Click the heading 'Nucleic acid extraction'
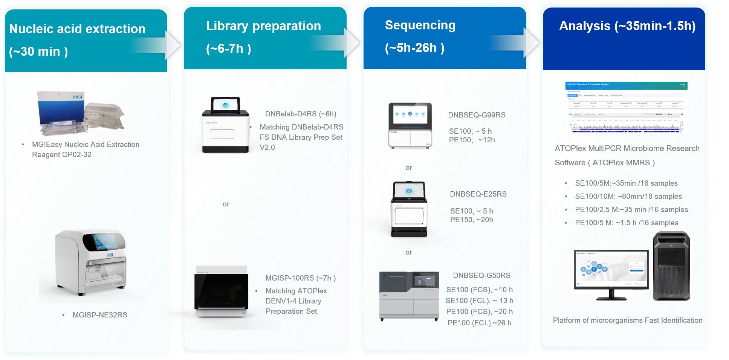point(77,29)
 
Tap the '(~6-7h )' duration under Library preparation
point(228,49)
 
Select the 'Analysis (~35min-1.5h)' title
point(627,26)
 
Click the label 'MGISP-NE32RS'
point(100,315)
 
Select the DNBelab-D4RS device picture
point(225,125)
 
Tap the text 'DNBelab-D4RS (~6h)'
point(301,114)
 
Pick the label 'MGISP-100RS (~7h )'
point(300,278)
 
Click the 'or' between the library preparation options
point(226,204)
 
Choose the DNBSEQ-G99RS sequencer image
point(410,126)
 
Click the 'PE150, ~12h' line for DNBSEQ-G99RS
point(472,140)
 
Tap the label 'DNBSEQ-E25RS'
point(478,194)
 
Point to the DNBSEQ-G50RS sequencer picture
point(409,295)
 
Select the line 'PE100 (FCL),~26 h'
point(479,323)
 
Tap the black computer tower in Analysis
point(671,266)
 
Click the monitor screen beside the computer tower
point(611,270)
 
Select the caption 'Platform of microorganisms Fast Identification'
point(627,320)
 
